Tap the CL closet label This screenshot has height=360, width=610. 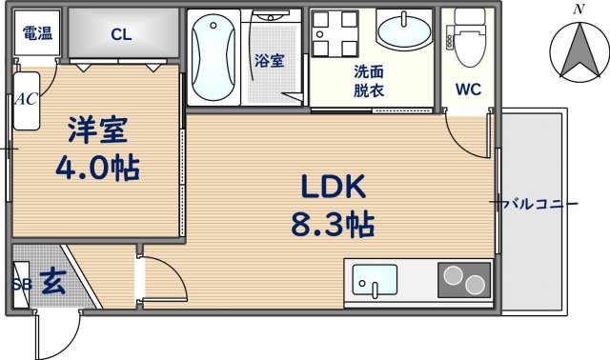tap(120, 35)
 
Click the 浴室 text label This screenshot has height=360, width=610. tap(268, 61)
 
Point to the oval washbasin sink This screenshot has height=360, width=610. tap(403, 32)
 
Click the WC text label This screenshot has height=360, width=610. tap(468, 90)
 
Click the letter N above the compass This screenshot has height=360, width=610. tap(577, 9)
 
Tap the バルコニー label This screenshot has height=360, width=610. tap(539, 203)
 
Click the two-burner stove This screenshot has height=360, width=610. tap(464, 281)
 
